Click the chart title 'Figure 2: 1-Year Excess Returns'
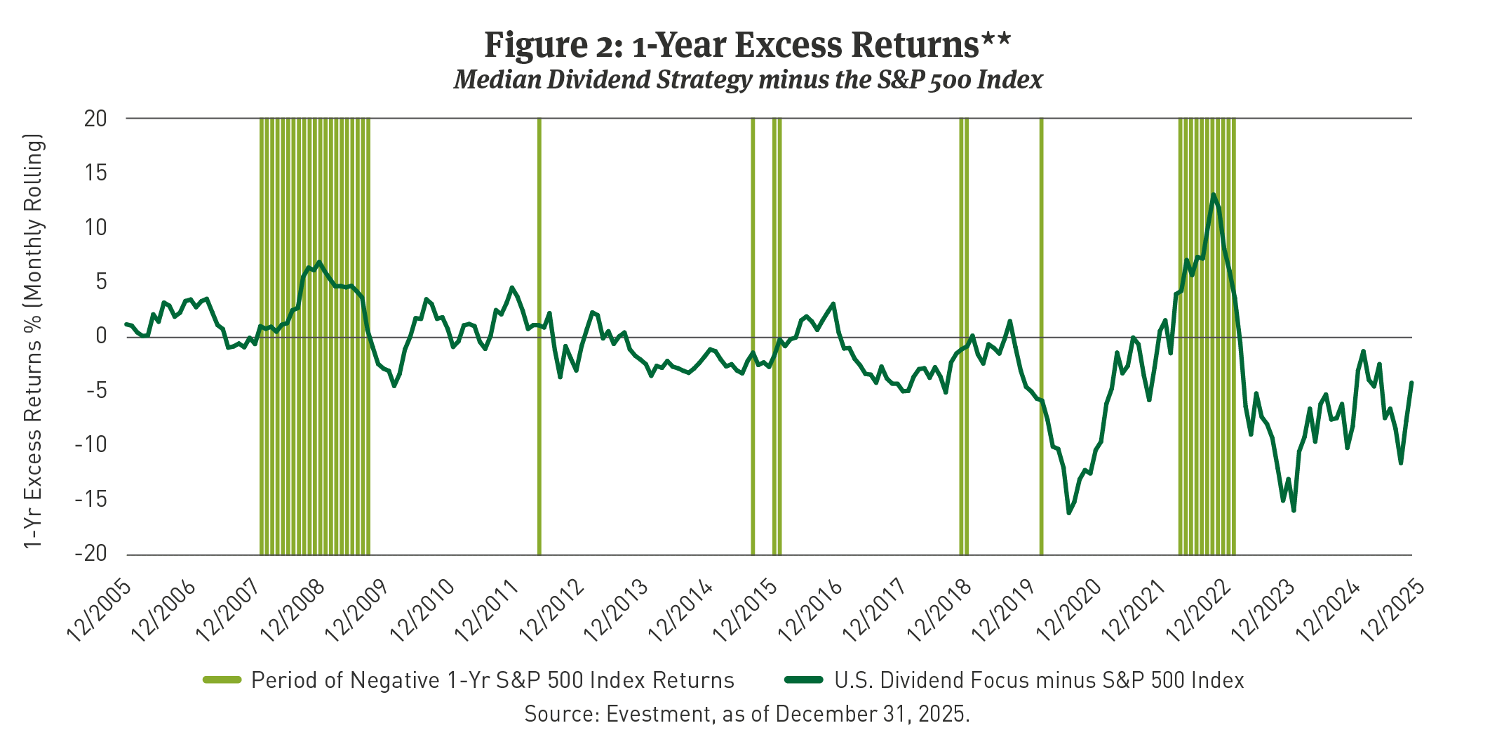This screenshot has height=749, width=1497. [x=732, y=45]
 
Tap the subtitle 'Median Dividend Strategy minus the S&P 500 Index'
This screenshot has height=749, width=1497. [x=748, y=80]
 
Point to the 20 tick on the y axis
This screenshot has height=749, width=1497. [x=96, y=119]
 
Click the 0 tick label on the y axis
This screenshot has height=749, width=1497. [x=102, y=337]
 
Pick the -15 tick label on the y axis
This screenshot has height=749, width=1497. [x=92, y=500]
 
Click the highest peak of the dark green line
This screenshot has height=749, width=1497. [x=1213, y=194]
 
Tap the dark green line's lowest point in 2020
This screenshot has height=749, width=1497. [x=1068, y=513]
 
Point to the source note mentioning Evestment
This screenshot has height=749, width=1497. [x=747, y=715]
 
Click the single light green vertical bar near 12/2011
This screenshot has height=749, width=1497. [x=539, y=337]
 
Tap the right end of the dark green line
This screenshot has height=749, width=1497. [x=1411, y=383]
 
